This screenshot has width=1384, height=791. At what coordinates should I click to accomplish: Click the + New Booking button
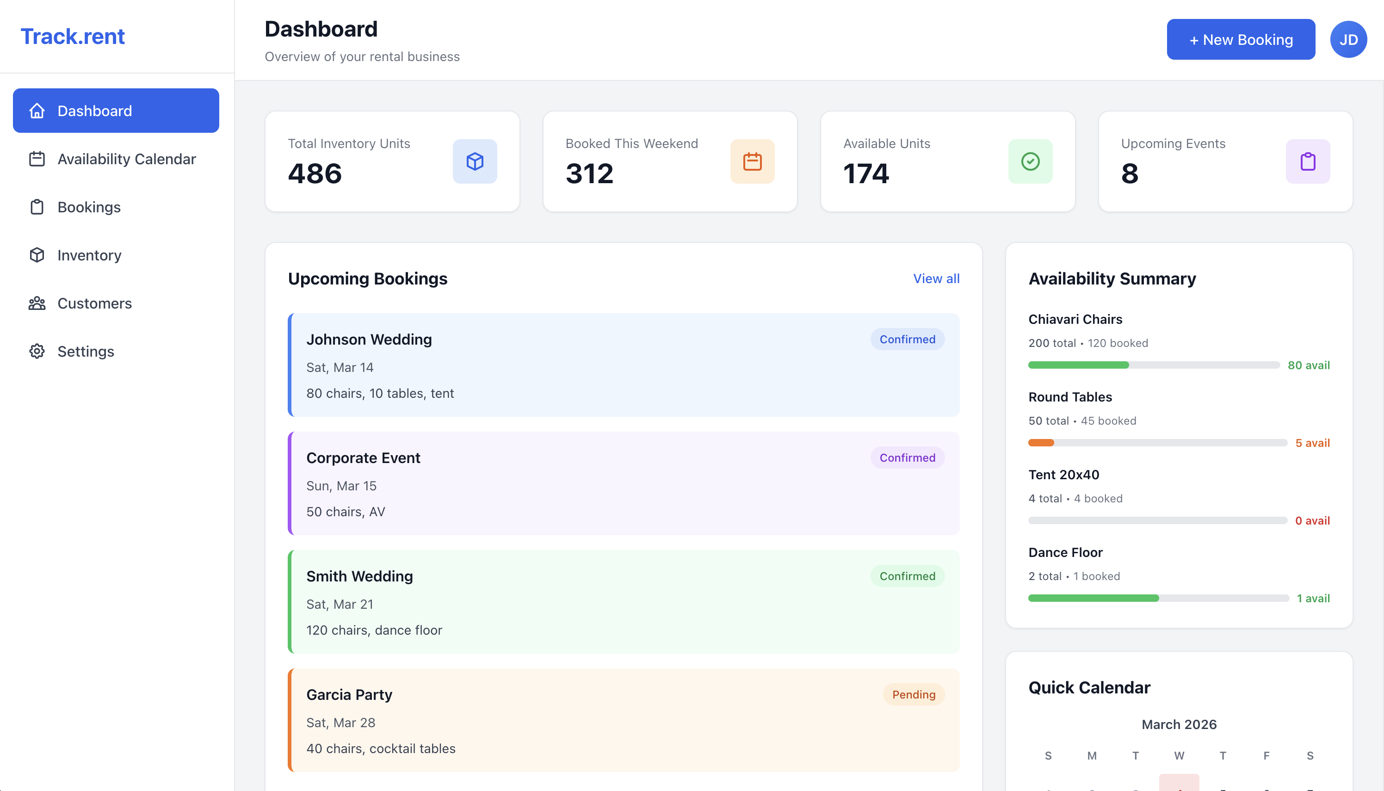click(1240, 40)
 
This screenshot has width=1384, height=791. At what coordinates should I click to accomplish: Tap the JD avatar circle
click(1347, 40)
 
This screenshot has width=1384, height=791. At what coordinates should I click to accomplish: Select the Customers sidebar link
click(94, 303)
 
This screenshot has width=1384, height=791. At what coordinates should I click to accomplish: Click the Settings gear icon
click(37, 352)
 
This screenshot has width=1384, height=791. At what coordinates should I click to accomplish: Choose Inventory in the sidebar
click(89, 255)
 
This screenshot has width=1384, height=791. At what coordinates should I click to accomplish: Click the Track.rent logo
click(73, 37)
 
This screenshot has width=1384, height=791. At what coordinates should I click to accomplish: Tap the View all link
click(936, 278)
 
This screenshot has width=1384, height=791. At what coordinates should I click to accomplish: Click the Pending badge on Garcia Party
click(913, 694)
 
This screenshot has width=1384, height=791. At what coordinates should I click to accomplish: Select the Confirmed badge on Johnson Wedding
click(907, 340)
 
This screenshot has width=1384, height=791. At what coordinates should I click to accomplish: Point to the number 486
click(315, 174)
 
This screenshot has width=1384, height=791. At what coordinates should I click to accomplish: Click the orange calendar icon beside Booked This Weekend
click(752, 161)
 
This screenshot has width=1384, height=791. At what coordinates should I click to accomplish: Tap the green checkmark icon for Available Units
click(1030, 161)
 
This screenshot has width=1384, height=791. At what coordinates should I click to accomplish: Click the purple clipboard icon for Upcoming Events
click(1307, 161)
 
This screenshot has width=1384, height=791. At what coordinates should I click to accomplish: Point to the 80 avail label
click(1308, 365)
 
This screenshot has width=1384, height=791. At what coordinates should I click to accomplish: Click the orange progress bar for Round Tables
click(1041, 443)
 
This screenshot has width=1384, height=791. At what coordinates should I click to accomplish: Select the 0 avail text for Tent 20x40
click(1312, 520)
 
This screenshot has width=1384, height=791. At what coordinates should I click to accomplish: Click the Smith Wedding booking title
click(359, 576)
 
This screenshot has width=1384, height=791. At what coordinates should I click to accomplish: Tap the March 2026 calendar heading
click(1179, 724)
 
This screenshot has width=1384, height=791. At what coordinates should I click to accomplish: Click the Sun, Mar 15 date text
click(341, 486)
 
